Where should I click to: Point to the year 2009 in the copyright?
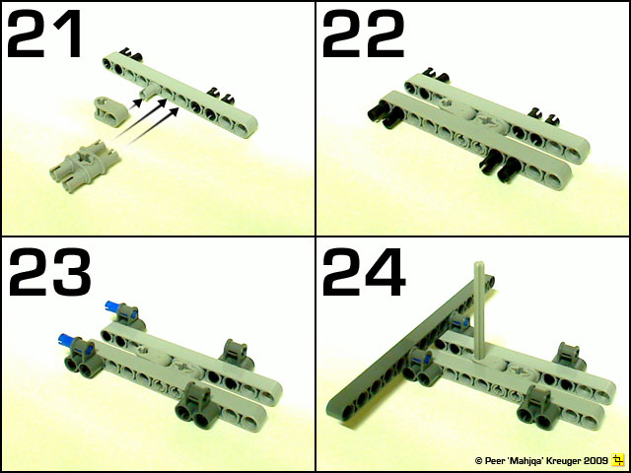click(594, 460)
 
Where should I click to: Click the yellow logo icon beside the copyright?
click(618, 459)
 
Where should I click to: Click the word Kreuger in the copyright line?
click(557, 460)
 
